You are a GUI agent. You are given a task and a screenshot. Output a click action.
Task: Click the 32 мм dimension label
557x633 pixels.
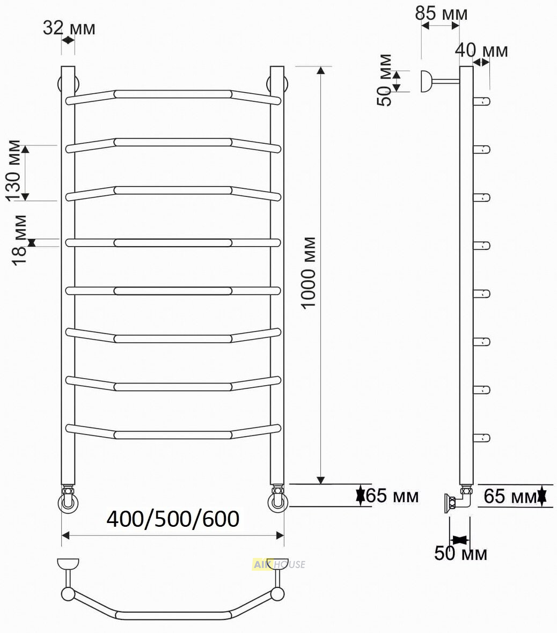click(x=69, y=28)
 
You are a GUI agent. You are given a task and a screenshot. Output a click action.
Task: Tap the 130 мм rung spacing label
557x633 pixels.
click(x=14, y=170)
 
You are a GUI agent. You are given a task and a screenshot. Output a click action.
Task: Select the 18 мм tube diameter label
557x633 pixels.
click(x=19, y=240)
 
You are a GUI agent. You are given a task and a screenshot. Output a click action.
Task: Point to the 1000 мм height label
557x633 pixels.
click(x=309, y=273)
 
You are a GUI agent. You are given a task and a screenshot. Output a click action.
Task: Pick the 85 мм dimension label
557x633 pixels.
click(x=441, y=13)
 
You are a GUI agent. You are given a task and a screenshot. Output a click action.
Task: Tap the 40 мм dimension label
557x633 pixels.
click(x=481, y=50)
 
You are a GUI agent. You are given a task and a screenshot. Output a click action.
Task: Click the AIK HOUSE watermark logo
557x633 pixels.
click(x=279, y=564)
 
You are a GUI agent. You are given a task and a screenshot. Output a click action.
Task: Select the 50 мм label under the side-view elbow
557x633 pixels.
click(x=460, y=553)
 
